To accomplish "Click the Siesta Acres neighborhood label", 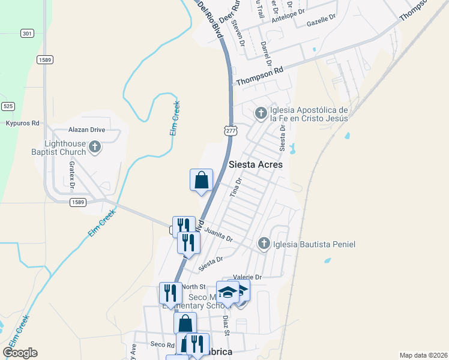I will pos(256,164).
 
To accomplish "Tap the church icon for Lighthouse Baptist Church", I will pos(95,146).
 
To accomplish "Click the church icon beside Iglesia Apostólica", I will pos(261,113).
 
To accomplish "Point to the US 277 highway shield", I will pos(231,130).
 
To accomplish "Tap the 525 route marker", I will pos(8,106).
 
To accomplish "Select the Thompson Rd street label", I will pos(259,76).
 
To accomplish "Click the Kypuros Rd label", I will pos(22,123).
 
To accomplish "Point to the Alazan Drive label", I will pos(86,130).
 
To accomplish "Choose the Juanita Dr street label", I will pos(218,234).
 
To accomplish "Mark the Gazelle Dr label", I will pos(320,21).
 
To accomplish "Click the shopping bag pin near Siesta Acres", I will pos(202,180).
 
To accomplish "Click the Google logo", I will pos(20,352).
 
